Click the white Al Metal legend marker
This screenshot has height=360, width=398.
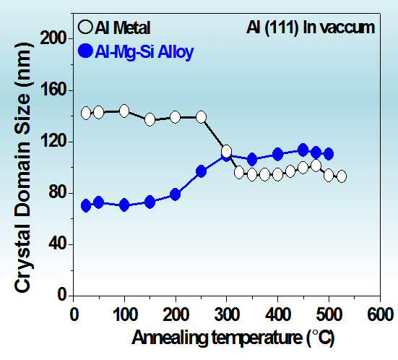pyautogui.click(x=85, y=27)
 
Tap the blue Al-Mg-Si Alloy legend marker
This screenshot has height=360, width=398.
pyautogui.click(x=85, y=51)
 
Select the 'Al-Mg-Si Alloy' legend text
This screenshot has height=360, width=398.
pyautogui.click(x=144, y=52)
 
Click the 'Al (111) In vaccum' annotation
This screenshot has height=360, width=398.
pyautogui.click(x=311, y=28)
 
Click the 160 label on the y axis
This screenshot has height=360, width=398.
pyautogui.click(x=53, y=90)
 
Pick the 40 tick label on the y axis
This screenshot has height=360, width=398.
pyautogui.click(x=56, y=244)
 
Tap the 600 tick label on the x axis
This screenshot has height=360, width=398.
pyautogui.click(x=380, y=314)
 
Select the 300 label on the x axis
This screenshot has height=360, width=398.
pyautogui.click(x=226, y=314)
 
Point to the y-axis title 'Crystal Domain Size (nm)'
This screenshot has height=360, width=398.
pyautogui.click(x=22, y=168)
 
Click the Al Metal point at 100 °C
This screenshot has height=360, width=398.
pyautogui.click(x=124, y=111)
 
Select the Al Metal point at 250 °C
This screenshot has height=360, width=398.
pyautogui.click(x=201, y=117)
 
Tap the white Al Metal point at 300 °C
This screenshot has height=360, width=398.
pyautogui.click(x=226, y=152)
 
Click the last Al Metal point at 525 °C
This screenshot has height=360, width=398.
pyautogui.click(x=342, y=176)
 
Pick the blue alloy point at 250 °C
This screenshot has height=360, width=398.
pyautogui.click(x=201, y=172)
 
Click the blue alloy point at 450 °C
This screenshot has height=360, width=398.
pyautogui.click(x=303, y=150)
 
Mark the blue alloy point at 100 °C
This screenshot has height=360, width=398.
pyautogui.click(x=124, y=205)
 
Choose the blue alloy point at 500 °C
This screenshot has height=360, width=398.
pyautogui.click(x=329, y=154)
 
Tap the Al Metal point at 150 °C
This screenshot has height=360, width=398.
pyautogui.click(x=150, y=119)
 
